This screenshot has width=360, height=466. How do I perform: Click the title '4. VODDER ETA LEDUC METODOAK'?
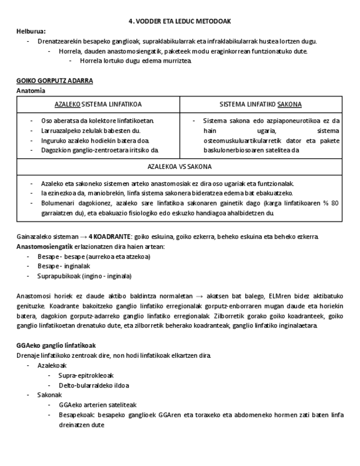click(x=179, y=21)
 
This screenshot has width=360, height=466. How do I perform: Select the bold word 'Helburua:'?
click(x=31, y=31)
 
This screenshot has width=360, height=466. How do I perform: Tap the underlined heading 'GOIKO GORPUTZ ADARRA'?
click(x=54, y=81)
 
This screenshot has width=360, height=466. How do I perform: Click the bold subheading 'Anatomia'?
click(x=30, y=90)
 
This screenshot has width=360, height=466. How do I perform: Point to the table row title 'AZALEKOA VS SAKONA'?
click(x=180, y=166)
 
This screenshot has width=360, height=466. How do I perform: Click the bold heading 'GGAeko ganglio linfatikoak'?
click(x=56, y=345)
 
